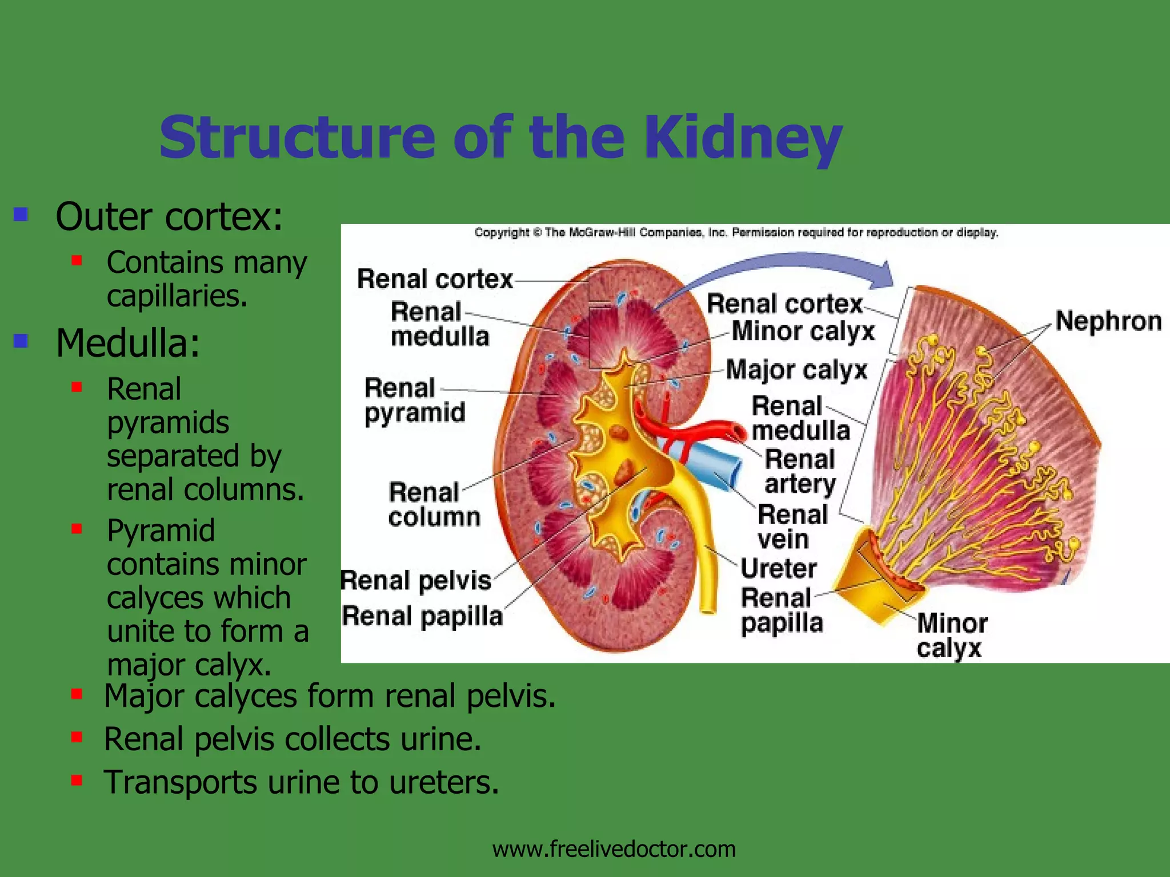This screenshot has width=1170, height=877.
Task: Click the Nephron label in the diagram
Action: click(1108, 321)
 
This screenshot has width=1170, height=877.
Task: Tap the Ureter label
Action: click(779, 569)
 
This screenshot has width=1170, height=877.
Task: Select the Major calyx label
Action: click(797, 371)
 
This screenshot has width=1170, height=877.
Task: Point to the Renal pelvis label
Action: click(416, 581)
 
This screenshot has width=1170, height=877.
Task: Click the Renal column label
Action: click(434, 505)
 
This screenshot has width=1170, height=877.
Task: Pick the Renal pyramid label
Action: click(415, 400)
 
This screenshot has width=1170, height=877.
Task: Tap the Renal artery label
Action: click(800, 472)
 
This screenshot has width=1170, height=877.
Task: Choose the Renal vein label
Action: click(792, 527)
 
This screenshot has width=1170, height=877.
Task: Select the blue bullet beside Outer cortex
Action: click(21, 215)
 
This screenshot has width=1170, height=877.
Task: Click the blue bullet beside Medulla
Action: click(21, 341)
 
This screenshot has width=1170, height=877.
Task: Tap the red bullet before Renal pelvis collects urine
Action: click(77, 737)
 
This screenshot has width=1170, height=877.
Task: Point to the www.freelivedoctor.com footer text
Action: click(614, 849)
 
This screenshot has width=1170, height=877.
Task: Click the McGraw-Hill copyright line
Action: click(736, 232)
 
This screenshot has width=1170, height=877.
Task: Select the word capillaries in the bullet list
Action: click(177, 296)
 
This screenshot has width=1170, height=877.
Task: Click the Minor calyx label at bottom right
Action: click(952, 635)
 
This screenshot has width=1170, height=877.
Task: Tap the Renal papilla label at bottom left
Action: click(422, 617)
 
